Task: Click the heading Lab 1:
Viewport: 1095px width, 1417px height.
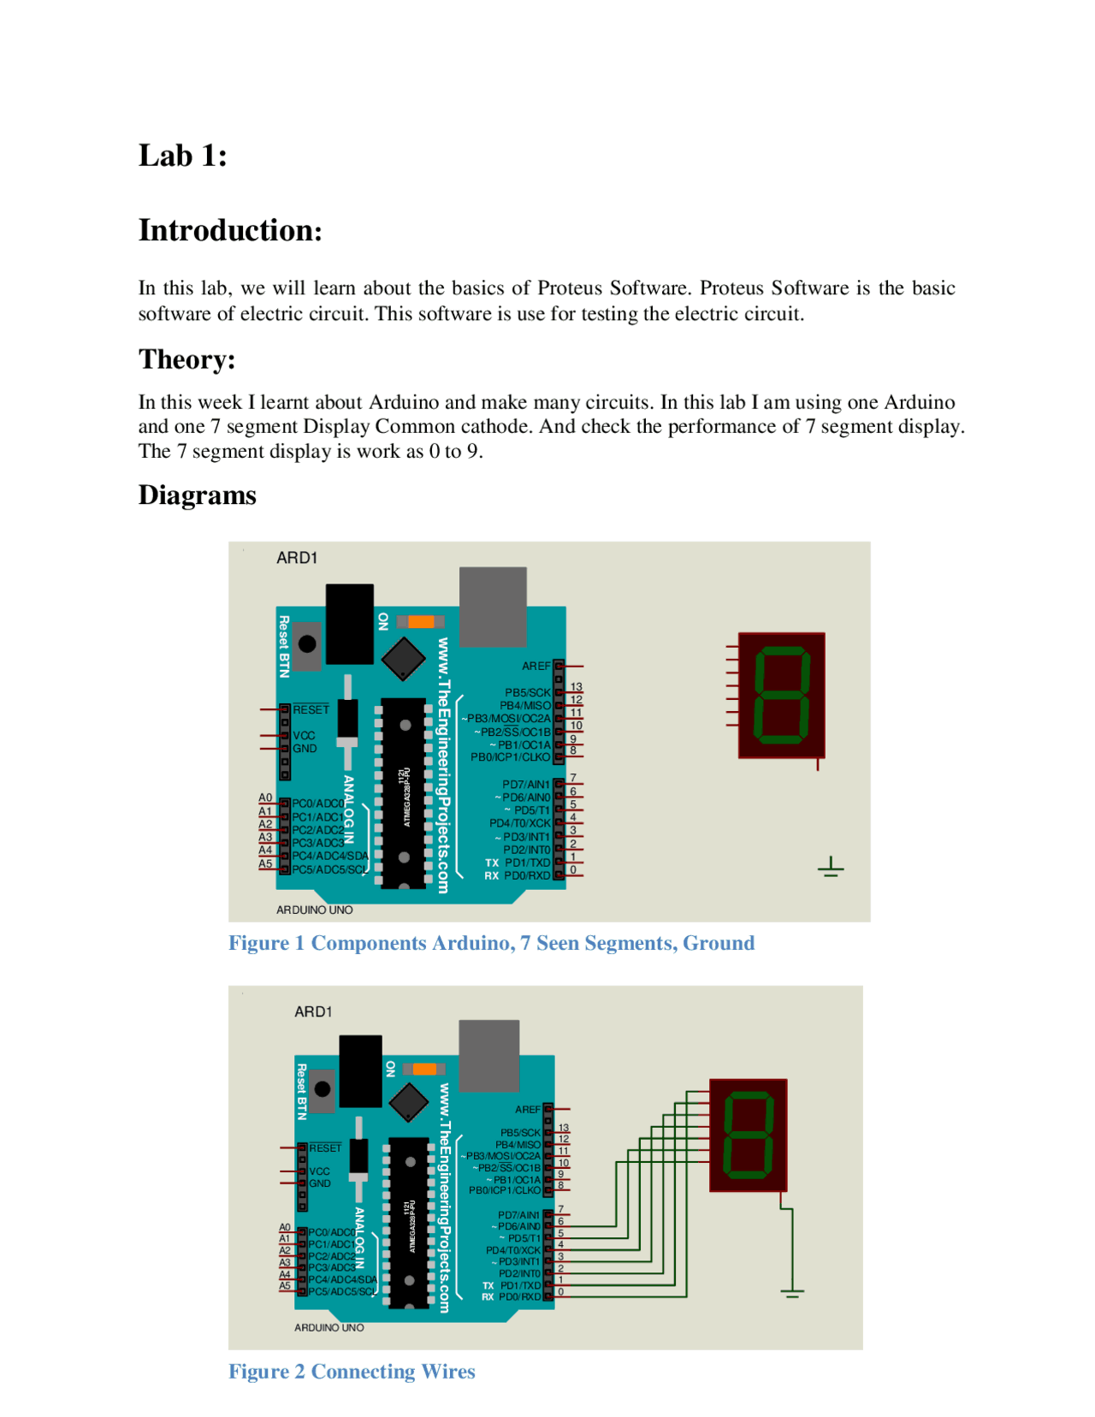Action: point(182,156)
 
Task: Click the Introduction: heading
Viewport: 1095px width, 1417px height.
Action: point(230,230)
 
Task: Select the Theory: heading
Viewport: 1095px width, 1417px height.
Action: point(186,359)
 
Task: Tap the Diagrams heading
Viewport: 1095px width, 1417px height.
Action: point(197,495)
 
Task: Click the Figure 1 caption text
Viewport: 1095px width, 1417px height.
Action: point(491,943)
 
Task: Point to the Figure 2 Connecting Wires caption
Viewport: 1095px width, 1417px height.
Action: point(352,1372)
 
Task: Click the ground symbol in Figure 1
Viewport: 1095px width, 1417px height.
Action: point(830,869)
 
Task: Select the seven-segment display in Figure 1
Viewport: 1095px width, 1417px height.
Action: point(781,696)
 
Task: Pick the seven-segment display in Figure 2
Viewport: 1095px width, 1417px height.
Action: point(748,1135)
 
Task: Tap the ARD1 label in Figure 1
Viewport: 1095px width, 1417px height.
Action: point(297,558)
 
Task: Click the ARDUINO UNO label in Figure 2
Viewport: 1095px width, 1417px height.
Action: point(328,1328)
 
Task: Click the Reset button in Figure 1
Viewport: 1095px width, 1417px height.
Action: point(307,643)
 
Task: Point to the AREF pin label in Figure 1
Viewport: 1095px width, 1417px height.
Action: point(536,666)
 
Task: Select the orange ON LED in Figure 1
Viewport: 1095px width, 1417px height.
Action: point(421,621)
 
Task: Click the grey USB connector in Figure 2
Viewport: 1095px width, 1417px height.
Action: point(488,1054)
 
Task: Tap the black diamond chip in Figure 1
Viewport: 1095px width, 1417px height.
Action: point(403,659)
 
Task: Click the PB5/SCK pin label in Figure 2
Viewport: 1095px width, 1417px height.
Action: point(520,1133)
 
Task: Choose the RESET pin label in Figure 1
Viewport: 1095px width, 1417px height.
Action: point(311,710)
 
